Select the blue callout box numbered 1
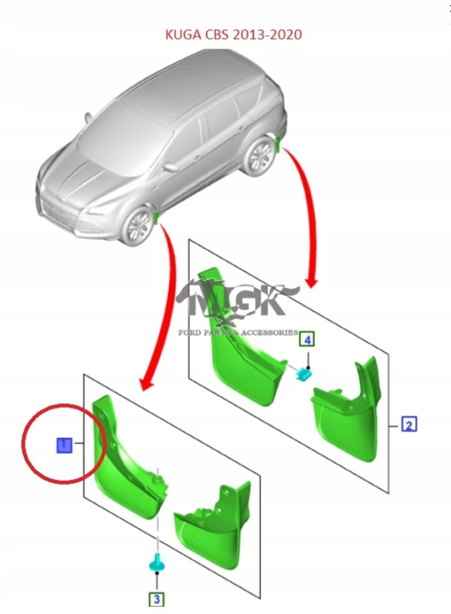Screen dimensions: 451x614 tap(64, 445)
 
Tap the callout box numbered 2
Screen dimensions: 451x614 tap(408, 424)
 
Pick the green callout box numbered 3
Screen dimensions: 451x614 tap(157, 599)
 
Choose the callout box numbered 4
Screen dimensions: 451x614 tap(307, 339)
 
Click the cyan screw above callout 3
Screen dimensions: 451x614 tap(157, 565)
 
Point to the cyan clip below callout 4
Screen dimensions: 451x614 tap(303, 375)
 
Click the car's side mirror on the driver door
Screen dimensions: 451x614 tap(171, 167)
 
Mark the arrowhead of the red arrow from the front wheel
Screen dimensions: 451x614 tap(146, 383)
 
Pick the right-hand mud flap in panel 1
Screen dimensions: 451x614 tap(212, 523)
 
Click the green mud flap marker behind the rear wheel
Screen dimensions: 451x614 tap(278, 143)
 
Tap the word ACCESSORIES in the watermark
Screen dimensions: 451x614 tap(269, 333)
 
